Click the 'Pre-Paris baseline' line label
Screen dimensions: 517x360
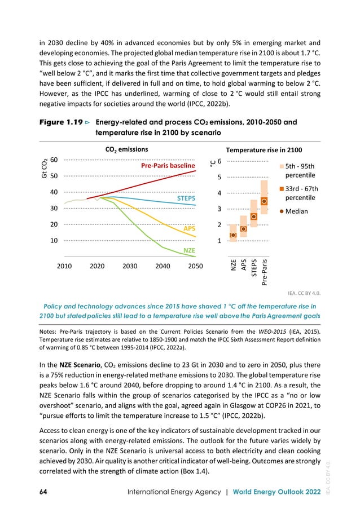pos(168,166)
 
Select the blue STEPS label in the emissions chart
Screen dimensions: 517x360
pos(186,199)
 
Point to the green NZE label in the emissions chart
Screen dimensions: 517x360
pos(189,249)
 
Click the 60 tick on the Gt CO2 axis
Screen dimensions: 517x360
pos(55,160)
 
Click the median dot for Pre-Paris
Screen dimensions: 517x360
pos(264,201)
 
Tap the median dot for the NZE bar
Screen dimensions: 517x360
pos(232,235)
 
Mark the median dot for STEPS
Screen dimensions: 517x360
pos(254,216)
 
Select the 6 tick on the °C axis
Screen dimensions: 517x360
pos(219,161)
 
